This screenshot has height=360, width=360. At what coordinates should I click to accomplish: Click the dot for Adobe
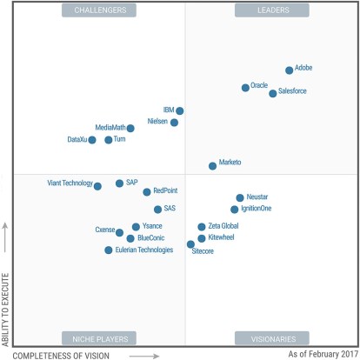[290, 70]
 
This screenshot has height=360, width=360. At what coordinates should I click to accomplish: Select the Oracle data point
[245, 87]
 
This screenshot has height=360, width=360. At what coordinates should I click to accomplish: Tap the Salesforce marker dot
[273, 93]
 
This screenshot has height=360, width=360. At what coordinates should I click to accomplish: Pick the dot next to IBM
[180, 111]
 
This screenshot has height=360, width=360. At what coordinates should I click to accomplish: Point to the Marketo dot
[213, 165]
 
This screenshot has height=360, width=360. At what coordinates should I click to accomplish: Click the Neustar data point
[240, 198]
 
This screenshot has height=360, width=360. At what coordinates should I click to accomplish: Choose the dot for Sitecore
[191, 244]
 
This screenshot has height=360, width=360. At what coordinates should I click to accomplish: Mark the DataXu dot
[92, 140]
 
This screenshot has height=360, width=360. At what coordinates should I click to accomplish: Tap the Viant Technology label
[70, 183]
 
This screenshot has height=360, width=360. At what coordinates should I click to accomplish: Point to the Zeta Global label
[224, 226]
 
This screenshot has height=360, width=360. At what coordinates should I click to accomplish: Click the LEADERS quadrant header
[267, 10]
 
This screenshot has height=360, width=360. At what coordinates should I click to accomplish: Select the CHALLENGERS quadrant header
[95, 10]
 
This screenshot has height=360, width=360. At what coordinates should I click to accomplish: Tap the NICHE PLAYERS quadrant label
[95, 337]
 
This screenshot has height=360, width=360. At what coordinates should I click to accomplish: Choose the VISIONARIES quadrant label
[267, 337]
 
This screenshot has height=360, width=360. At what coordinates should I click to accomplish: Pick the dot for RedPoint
[147, 192]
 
